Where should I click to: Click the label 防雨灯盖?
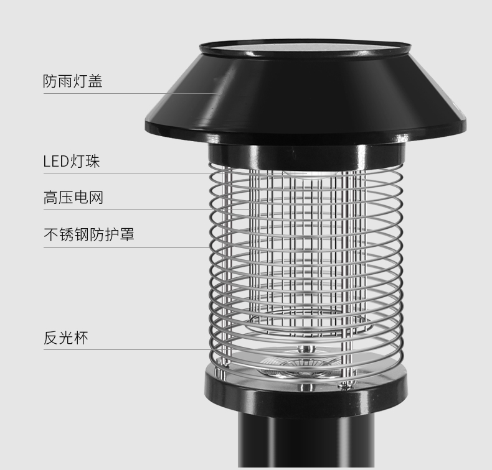click(x=73, y=81)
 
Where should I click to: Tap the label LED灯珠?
click(x=72, y=162)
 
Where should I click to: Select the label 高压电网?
click(x=73, y=198)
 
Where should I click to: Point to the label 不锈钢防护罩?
click(x=88, y=234)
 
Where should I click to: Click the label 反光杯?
click(x=65, y=338)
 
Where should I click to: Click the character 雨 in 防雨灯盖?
click(x=65, y=81)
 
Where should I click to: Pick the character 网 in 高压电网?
click(x=95, y=198)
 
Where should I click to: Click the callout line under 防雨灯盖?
click(x=125, y=94)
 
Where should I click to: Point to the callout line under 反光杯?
click(x=125, y=349)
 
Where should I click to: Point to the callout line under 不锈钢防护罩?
click(x=125, y=247)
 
